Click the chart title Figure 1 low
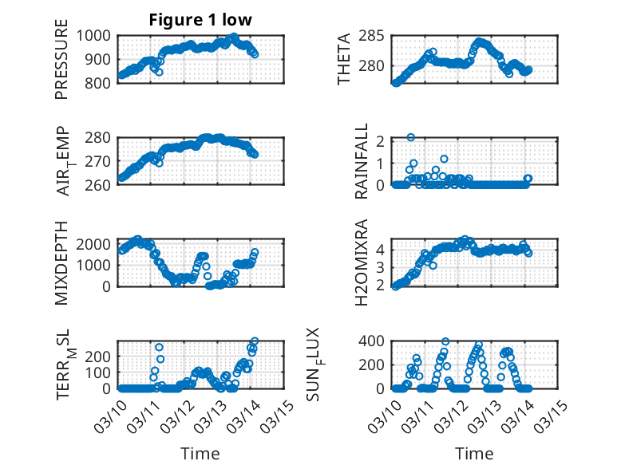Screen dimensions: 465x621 click(200, 20)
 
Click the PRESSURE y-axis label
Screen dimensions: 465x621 click(61, 65)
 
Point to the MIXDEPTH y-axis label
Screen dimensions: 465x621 click(61, 262)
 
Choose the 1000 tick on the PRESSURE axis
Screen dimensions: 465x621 click(98, 35)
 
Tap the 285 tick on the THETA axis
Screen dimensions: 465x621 click(376, 35)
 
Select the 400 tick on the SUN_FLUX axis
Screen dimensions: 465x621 click(376, 341)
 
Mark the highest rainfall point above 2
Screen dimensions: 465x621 click(410, 137)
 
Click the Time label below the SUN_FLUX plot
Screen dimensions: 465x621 click(474, 454)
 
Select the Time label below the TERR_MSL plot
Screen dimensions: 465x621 click(200, 454)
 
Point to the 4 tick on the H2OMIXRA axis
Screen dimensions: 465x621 click(382, 249)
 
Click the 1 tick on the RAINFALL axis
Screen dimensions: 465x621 click(382, 163)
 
